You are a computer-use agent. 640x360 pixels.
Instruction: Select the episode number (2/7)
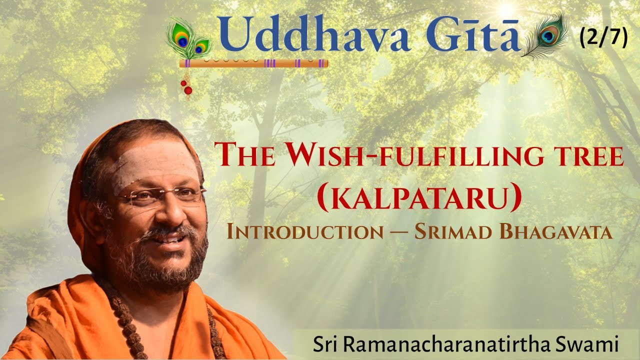pyautogui.click(x=603, y=38)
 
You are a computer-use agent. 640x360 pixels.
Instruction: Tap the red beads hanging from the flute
pyautogui.click(x=186, y=87)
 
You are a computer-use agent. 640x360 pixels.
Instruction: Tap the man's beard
pyautogui.click(x=165, y=260)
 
